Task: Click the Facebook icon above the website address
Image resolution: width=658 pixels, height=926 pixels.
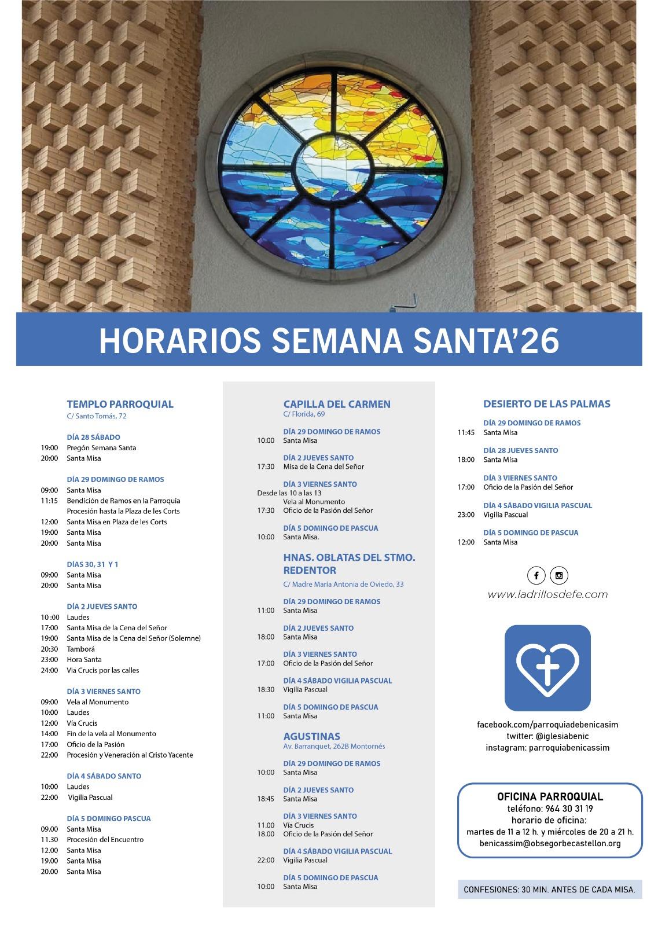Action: [536, 575]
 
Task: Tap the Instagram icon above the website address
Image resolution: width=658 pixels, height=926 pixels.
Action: [559, 575]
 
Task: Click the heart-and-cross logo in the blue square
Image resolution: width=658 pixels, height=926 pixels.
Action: [547, 667]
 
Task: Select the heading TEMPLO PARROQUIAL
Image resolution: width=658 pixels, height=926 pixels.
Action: [120, 405]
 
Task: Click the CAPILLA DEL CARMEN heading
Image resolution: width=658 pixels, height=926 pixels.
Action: [337, 405]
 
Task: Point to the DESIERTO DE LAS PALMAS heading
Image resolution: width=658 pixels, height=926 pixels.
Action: [547, 404]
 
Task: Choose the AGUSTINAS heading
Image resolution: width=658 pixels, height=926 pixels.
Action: [311, 737]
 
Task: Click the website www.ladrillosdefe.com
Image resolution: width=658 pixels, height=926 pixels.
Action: [547, 594]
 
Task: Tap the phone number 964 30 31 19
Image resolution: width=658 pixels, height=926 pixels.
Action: [568, 809]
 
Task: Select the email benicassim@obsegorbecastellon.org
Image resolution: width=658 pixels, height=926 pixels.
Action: [550, 843]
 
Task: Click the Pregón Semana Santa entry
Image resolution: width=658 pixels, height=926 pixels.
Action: [101, 448]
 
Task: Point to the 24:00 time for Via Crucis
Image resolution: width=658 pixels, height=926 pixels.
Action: [49, 670]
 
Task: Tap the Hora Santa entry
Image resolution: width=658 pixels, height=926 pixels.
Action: [84, 660]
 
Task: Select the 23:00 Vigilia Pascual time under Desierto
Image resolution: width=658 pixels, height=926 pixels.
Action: [466, 515]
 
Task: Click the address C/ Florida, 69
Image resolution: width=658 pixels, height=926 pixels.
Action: [304, 414]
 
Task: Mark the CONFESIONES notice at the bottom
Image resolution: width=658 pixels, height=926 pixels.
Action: [549, 890]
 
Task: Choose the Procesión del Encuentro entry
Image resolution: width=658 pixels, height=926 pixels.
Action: [105, 840]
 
